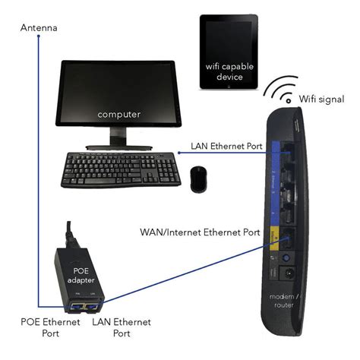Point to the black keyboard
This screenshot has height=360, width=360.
point(120,169)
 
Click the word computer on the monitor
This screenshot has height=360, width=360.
point(118,114)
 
